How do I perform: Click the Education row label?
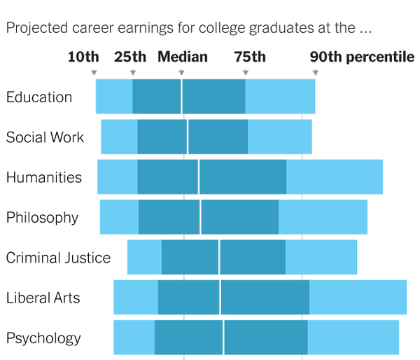(38, 97)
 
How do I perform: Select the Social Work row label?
(45, 137)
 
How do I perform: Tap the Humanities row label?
(44, 177)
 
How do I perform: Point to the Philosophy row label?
(42, 218)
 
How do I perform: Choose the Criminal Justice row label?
(58, 258)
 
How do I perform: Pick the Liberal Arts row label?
(43, 298)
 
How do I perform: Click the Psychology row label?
(43, 338)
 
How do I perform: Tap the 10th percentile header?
(83, 57)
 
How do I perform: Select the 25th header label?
(130, 57)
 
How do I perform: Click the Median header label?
(182, 57)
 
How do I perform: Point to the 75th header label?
(250, 57)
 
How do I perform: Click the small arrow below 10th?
(94, 72)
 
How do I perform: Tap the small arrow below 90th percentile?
(316, 72)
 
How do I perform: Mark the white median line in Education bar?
(181, 97)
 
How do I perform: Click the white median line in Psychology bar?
(223, 337)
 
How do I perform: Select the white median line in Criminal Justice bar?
(219, 257)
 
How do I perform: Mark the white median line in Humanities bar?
(199, 176)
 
